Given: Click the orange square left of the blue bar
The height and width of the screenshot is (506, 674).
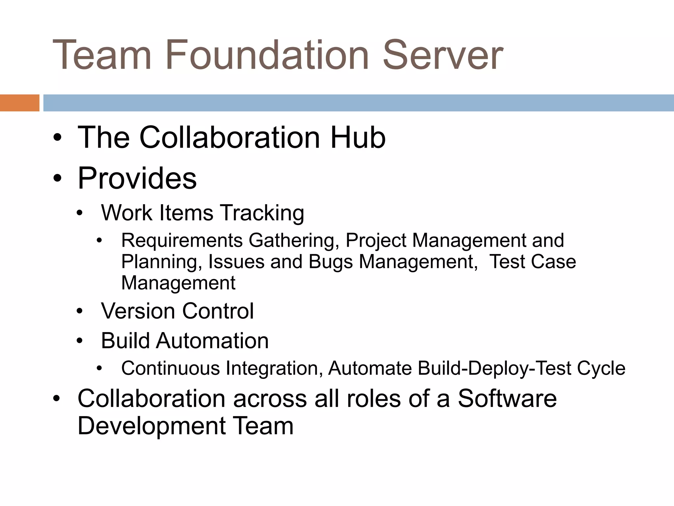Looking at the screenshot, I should coord(19,103).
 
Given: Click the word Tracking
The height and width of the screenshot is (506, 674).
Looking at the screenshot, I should coord(262,213).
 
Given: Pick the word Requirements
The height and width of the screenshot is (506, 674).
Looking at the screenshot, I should coord(182,240).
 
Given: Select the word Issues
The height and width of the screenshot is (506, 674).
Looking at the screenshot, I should coord(236,262).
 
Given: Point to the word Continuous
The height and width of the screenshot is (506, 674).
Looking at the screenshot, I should coord(170,368).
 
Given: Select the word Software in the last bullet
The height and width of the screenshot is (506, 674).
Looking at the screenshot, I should coord(507,398).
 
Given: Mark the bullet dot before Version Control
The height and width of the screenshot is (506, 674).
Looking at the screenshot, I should coord(80,311).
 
